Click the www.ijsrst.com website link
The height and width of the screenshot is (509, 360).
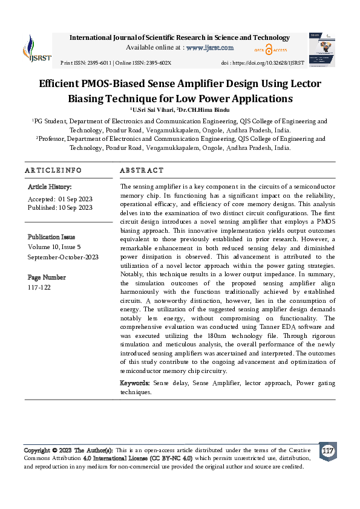click(x=210, y=47)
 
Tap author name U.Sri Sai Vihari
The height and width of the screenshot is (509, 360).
click(x=153, y=109)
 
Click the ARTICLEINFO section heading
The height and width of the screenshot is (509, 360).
click(x=53, y=171)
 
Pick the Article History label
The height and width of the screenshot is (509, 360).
click(x=50, y=187)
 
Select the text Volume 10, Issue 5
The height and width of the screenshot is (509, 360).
click(x=58, y=247)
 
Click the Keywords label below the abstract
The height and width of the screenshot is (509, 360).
click(x=135, y=383)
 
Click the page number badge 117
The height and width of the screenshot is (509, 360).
click(x=328, y=452)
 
